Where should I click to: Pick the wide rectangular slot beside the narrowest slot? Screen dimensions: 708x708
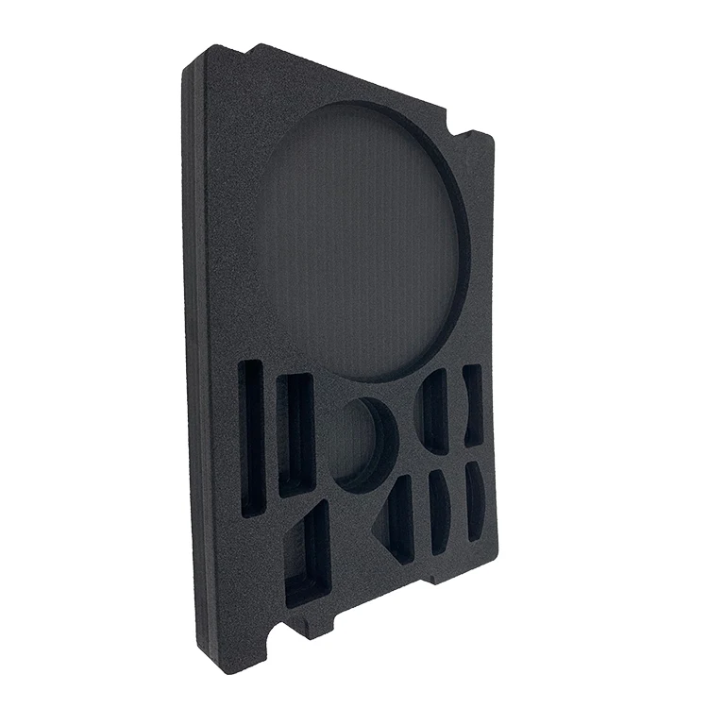pyautogui.click(x=295, y=434)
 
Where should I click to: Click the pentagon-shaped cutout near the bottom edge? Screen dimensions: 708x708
pyautogui.click(x=308, y=557)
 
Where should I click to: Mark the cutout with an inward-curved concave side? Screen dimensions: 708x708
pyautogui.click(x=472, y=406)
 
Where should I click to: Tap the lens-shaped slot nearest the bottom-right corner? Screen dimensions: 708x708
pyautogui.click(x=475, y=500)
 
